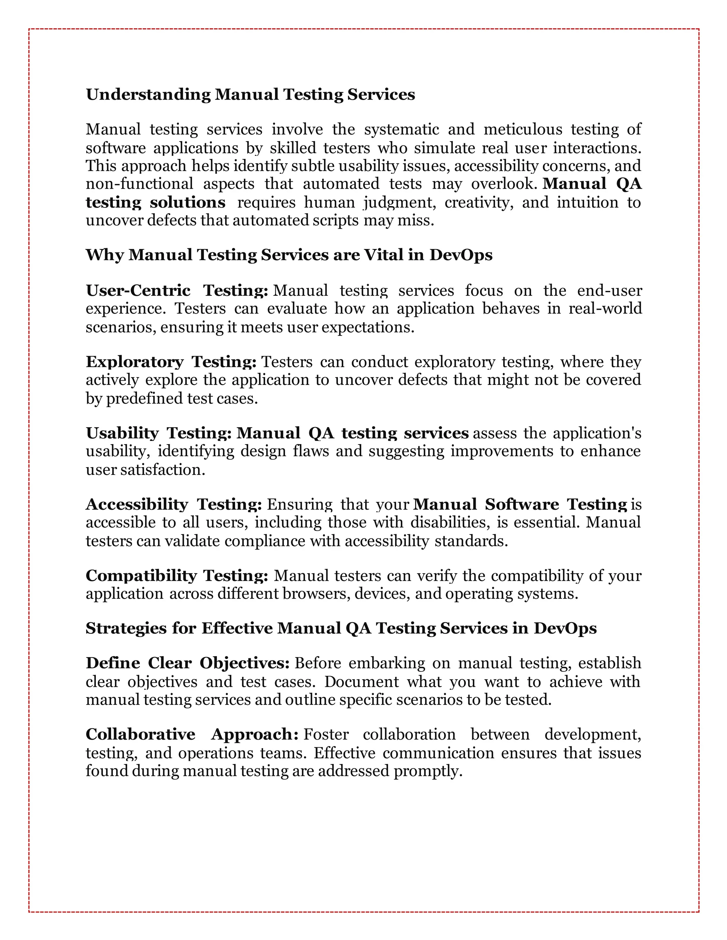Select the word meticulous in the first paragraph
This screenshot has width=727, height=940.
(523, 129)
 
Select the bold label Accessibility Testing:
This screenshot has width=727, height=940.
(174, 504)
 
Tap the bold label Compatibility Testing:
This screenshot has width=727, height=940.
(176, 575)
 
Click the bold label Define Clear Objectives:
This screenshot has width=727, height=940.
(187, 663)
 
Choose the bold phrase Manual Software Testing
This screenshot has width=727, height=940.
(520, 504)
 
